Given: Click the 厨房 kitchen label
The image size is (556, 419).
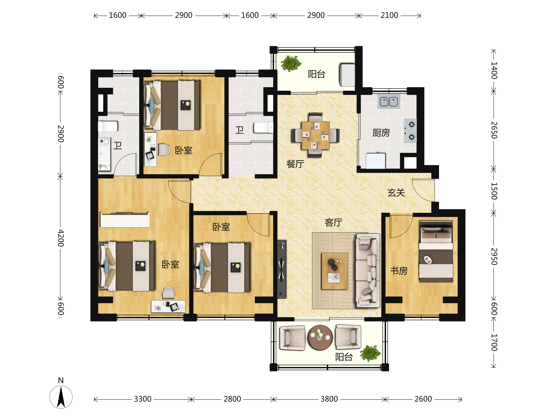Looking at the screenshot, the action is [381, 133].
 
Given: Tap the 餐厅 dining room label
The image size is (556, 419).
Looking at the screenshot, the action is [295, 164].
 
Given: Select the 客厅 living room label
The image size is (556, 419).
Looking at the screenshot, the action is [334, 222].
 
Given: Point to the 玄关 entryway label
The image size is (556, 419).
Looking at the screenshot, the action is [396, 193].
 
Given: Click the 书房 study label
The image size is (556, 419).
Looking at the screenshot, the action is [399, 271].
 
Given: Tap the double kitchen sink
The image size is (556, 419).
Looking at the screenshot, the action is [389, 101].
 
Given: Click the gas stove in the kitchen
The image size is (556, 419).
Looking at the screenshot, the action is [410, 131].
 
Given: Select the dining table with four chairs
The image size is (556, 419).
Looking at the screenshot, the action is [316, 135].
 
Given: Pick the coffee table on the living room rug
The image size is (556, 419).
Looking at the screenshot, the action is [335, 271].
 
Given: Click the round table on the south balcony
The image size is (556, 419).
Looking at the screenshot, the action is [320, 338].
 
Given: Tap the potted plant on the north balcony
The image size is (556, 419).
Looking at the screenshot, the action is [291, 64].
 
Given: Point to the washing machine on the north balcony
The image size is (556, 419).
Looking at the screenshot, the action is [347, 75].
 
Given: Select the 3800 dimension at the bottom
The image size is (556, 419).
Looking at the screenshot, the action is [329, 399].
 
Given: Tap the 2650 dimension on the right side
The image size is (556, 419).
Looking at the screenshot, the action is [494, 130].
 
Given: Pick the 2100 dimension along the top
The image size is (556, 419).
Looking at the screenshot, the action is [389, 15].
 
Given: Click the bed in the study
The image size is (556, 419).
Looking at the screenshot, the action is [436, 251].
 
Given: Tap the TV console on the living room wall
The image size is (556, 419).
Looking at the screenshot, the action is [281, 269].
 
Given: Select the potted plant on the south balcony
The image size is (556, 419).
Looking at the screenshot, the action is [370, 353].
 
